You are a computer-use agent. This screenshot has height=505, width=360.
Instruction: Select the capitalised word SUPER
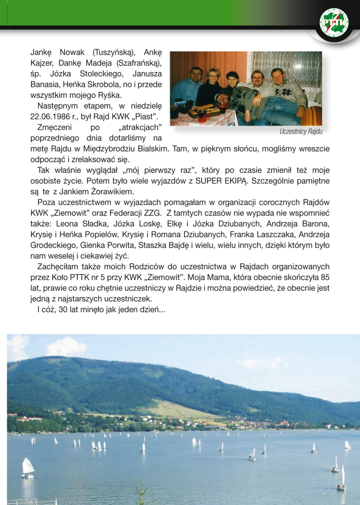click(209, 181)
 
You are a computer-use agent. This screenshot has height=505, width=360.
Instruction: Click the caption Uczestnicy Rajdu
click(301, 132)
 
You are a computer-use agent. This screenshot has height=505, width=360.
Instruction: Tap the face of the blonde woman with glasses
click(213, 75)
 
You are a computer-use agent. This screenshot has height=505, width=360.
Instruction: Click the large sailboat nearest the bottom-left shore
click(28, 467)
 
